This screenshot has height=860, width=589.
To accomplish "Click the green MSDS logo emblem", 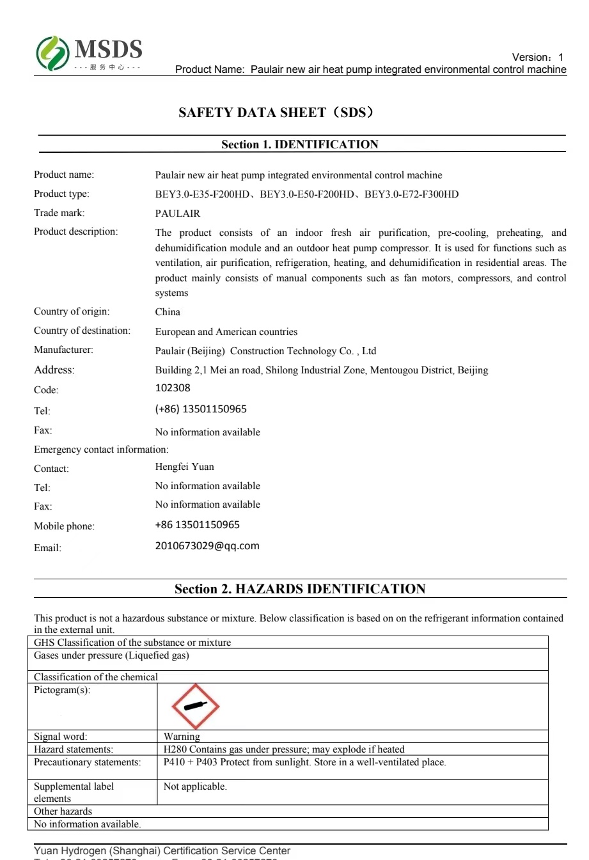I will [x=52, y=53].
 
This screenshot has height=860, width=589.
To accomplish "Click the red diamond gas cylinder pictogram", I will [x=195, y=707].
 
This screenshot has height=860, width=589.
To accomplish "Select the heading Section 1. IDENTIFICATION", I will [x=299, y=145].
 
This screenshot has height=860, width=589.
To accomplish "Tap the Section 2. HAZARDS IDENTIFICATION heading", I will [x=300, y=589].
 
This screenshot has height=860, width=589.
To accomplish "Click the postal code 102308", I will [x=173, y=388].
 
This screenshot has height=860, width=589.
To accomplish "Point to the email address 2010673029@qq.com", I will [x=207, y=546].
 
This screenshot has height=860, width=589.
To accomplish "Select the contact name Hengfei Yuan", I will [x=184, y=467].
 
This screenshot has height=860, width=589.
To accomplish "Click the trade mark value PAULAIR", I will [x=177, y=214].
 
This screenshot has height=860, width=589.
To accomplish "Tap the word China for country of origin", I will [x=168, y=312].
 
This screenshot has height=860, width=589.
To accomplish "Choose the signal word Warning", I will [x=182, y=737].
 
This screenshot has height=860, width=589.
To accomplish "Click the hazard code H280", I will [x=175, y=749].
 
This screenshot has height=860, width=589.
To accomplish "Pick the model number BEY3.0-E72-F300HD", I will [x=411, y=194].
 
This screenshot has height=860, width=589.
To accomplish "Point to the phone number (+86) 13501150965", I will [x=201, y=409].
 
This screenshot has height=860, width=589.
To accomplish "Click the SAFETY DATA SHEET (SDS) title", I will [x=276, y=113].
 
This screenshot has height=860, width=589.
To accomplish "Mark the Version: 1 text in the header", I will [x=537, y=58].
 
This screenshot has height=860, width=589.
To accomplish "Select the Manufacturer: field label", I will [x=63, y=350].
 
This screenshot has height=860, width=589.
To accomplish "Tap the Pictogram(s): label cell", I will [x=62, y=691].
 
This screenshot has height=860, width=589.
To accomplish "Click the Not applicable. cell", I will [x=195, y=786].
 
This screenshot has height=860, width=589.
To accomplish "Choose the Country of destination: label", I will [x=82, y=331].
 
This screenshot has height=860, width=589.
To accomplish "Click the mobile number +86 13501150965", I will [x=197, y=525].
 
